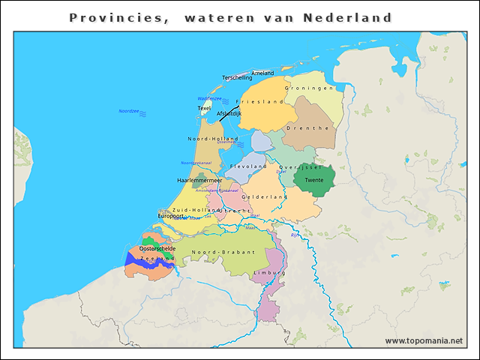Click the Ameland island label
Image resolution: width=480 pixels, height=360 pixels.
click(262, 73)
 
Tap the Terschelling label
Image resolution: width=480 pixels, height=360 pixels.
click(237, 78)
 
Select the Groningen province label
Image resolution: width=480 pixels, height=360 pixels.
click(308, 88)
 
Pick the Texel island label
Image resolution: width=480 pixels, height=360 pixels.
click(204, 109)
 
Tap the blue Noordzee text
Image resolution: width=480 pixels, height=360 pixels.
click(128, 111)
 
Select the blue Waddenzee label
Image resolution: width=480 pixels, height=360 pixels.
click(208, 98)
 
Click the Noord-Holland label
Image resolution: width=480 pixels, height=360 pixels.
click(212, 139)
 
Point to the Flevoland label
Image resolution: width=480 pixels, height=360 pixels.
click(248, 166)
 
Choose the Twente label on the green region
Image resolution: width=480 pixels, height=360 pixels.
click(313, 181)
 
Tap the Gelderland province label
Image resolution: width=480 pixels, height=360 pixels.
click(263, 197)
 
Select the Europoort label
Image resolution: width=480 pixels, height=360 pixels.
click(170, 216)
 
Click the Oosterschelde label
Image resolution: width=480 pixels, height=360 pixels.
click(157, 248)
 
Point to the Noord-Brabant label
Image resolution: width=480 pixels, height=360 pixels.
click(223, 253)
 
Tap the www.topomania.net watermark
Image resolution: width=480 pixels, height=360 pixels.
click(424, 340)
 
